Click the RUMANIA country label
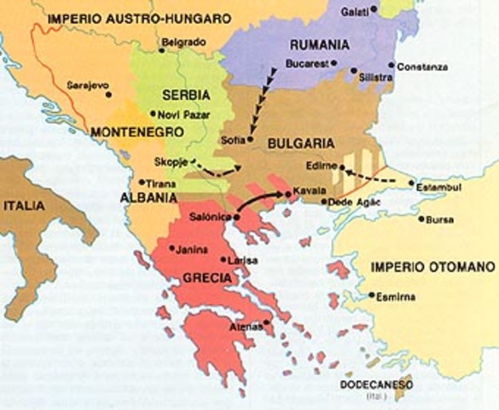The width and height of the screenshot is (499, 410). [320, 45]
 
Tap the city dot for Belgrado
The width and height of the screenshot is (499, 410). [160, 49]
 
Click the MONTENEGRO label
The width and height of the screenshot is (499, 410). [136, 132]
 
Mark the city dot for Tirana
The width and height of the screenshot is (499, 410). [142, 181]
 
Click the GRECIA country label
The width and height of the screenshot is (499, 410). [206, 278]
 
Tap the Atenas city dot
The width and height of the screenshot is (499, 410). [267, 322]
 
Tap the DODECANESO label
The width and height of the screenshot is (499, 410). [376, 385]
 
